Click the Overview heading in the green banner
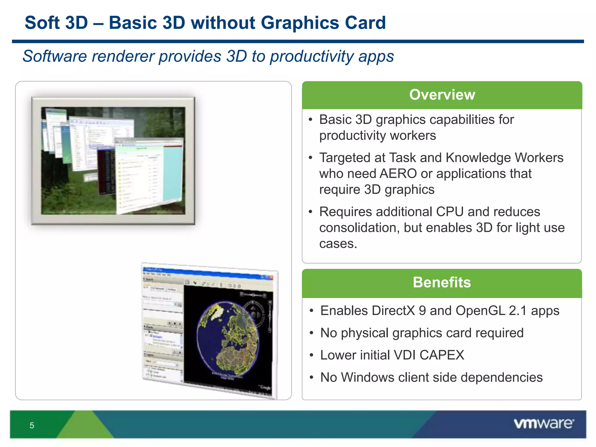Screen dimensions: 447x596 (x=442, y=95)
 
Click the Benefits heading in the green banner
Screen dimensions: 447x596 (x=442, y=282)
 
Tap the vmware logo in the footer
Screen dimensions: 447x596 (x=544, y=423)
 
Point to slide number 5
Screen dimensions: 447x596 (x=32, y=425)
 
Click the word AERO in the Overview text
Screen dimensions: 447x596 (x=398, y=174)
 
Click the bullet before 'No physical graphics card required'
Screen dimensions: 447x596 (x=311, y=333)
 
